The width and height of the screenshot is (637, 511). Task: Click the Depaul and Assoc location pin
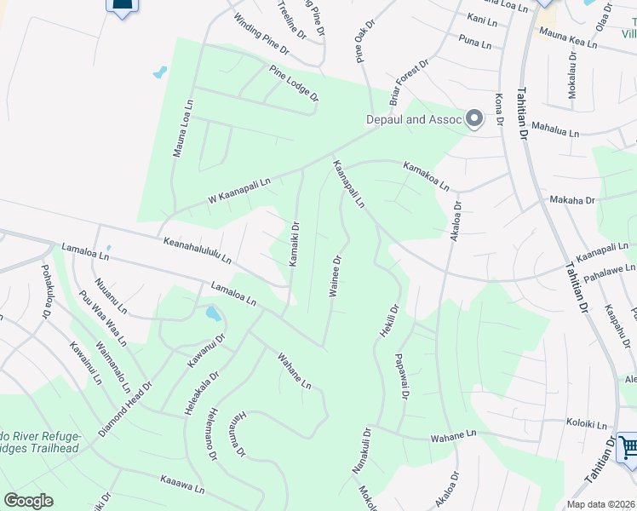(x=473, y=119)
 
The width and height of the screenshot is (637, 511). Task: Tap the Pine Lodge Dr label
(x=293, y=83)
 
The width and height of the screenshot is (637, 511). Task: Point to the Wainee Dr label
(x=336, y=277)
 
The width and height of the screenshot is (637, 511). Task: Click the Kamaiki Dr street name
(x=295, y=244)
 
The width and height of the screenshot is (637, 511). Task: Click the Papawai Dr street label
(x=405, y=377)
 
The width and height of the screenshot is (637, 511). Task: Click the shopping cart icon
(x=628, y=447)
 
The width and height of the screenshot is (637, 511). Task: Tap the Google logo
(x=29, y=501)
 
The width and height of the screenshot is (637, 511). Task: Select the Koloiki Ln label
(x=587, y=424)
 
